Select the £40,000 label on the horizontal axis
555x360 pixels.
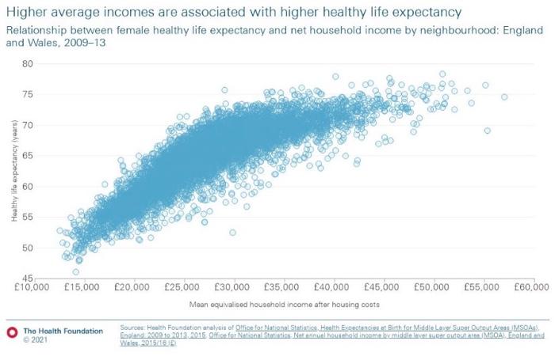tap(331, 286)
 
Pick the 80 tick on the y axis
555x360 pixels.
tap(28, 63)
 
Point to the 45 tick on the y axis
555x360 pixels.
tap(28, 279)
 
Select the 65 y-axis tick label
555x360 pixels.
tap(28, 156)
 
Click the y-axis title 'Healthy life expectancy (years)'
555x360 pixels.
tap(13, 170)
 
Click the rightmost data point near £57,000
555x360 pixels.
tap(504, 97)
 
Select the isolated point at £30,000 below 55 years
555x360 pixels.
tap(232, 233)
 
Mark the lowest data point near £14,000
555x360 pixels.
tap(75, 271)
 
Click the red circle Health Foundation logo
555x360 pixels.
tap(11, 331)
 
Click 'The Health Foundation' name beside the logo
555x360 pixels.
tap(63, 331)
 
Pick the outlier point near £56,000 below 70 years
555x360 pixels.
tap(487, 131)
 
